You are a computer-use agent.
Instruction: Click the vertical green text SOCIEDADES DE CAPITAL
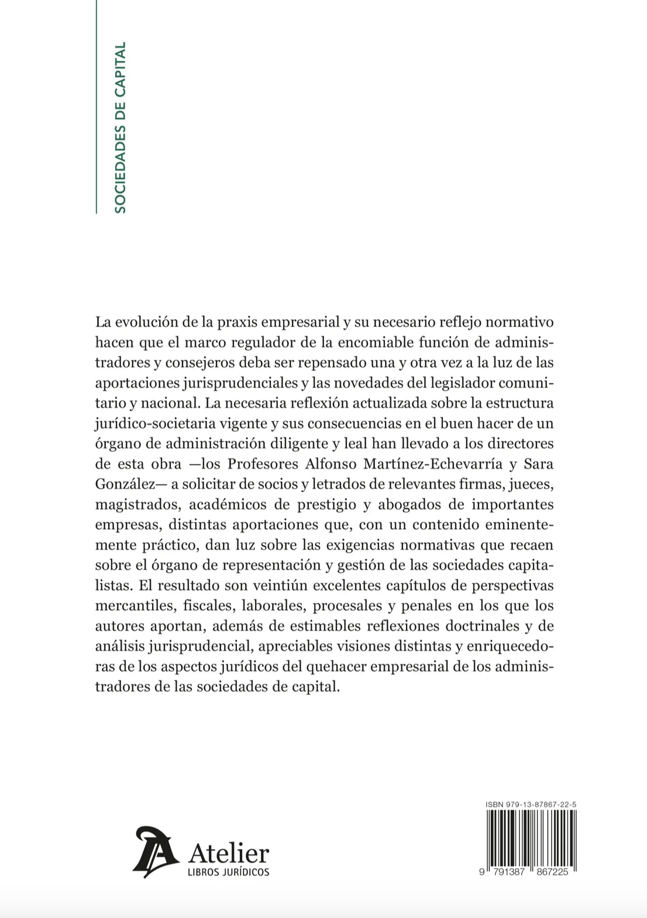120,127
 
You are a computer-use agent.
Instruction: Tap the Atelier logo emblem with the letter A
155,852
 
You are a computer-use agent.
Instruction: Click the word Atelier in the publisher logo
229,853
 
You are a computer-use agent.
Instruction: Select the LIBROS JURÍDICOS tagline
229,872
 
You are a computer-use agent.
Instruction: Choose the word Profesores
264,464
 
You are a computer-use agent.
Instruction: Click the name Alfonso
328,464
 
